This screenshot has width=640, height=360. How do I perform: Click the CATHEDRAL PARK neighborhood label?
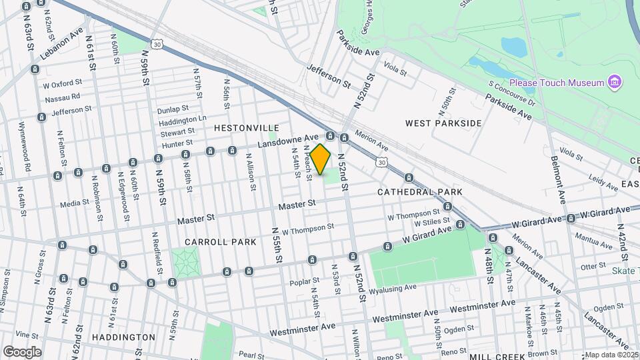click(x=419, y=192)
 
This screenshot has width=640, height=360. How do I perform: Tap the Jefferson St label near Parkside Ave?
click(x=329, y=76)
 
